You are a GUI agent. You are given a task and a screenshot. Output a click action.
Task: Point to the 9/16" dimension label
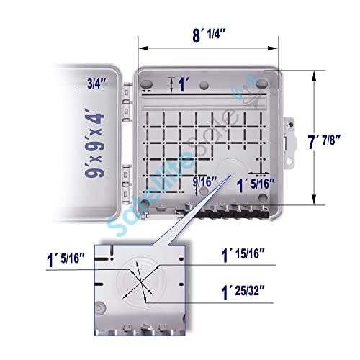(x=205, y=182)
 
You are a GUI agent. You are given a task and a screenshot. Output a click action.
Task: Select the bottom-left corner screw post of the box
(x=148, y=205)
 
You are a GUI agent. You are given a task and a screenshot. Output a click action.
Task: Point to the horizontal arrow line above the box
(x=208, y=49)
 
